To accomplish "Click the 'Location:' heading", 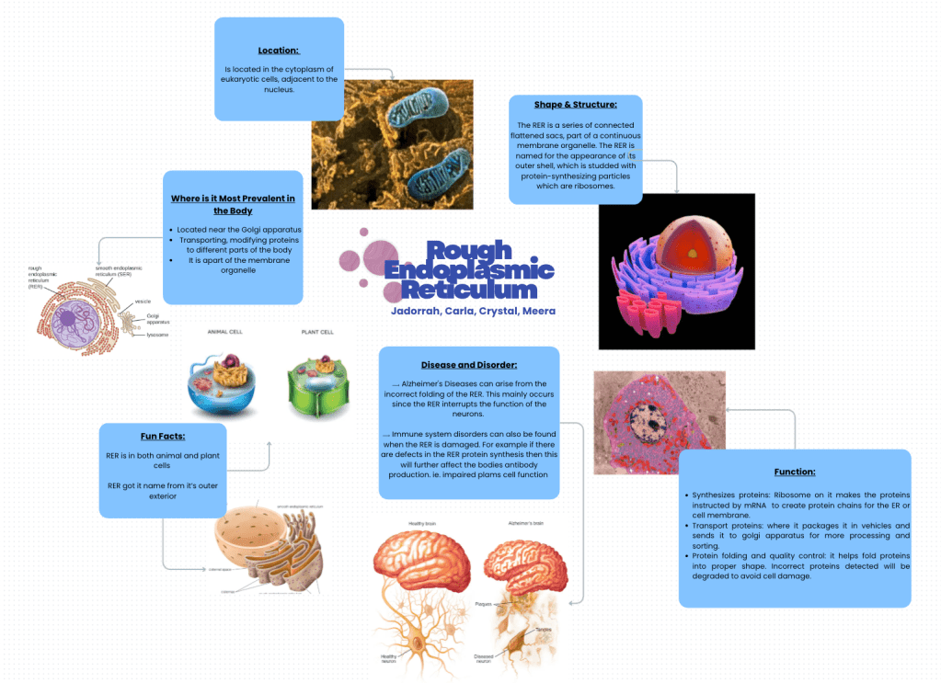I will (279, 50).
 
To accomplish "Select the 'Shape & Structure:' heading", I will (575, 104).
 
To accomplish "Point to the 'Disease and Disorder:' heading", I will (469, 365).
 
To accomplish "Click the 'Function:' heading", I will (795, 472).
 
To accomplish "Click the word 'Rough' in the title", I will (468, 250).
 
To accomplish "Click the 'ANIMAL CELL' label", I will (224, 332).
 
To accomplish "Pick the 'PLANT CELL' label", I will (317, 332).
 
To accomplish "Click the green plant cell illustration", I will (317, 381).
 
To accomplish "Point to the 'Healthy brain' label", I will (422, 524).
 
